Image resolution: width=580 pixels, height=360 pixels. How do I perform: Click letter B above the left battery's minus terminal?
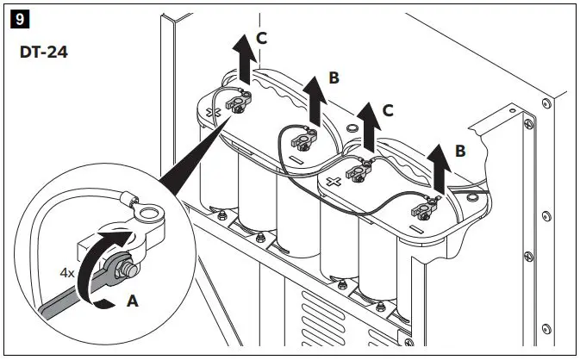334,78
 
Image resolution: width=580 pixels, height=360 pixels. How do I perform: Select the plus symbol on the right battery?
332,183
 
